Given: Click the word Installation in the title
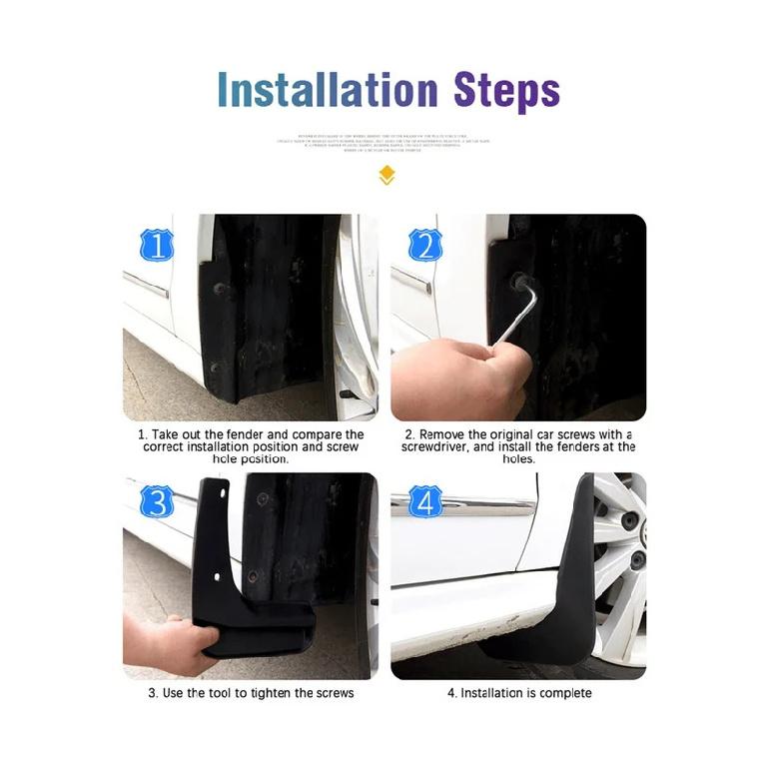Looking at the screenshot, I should pyautogui.click(x=328, y=90).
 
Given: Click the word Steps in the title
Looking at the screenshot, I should pyautogui.click(x=506, y=91).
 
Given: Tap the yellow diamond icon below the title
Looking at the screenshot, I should pyautogui.click(x=386, y=177).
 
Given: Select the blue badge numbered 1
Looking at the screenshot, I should pyautogui.click(x=156, y=244).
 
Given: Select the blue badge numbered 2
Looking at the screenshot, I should pyautogui.click(x=424, y=244).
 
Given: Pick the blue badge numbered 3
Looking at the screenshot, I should pyautogui.click(x=156, y=501).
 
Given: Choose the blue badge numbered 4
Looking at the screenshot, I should pyautogui.click(x=424, y=501).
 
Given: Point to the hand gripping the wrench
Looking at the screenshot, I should pyautogui.click(x=454, y=375).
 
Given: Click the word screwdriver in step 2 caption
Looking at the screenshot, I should pyautogui.click(x=441, y=448).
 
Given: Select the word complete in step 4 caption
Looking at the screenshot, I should pyautogui.click(x=564, y=693).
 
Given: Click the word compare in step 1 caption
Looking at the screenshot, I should pyautogui.click(x=307, y=435).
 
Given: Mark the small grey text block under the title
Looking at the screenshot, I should pyautogui.click(x=386, y=142).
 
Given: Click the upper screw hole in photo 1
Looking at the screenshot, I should pyautogui.click(x=219, y=289).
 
